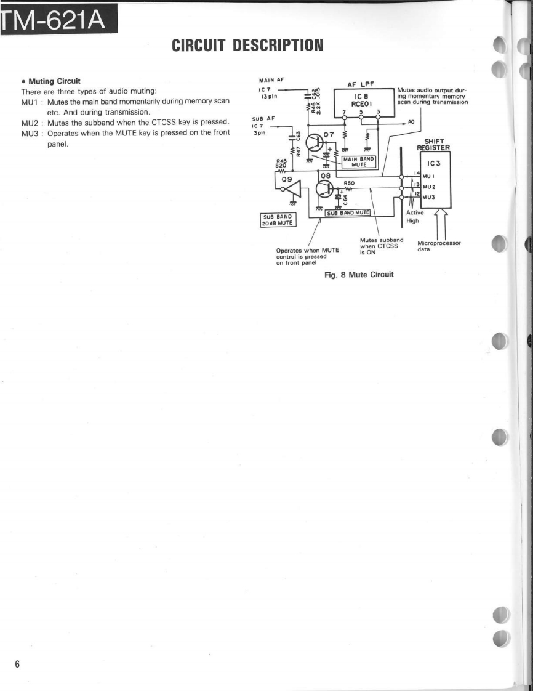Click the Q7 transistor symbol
(316, 141)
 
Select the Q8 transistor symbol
(324, 188)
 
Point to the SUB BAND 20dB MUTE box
(279, 219)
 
